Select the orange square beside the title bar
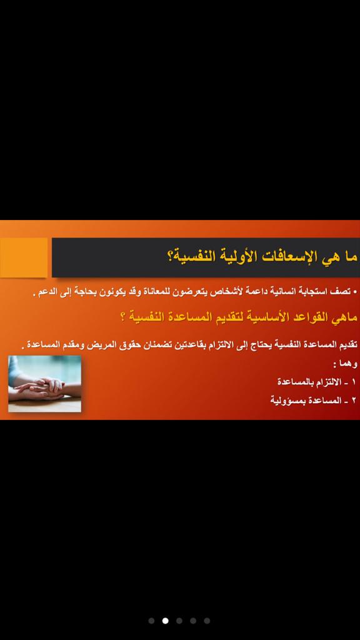(24, 257)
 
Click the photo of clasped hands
(44, 384)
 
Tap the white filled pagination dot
(165, 621)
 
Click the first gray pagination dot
(151, 621)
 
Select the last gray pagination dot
(207, 621)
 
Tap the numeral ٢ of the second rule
(354, 401)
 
